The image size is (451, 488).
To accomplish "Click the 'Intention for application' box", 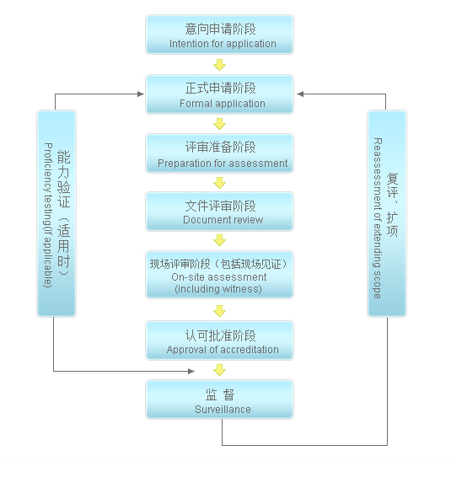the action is [x=219, y=35].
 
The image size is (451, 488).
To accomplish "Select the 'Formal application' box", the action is [x=219, y=94].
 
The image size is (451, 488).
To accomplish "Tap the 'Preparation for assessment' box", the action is [x=219, y=153].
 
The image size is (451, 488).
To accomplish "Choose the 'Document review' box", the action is [x=219, y=212].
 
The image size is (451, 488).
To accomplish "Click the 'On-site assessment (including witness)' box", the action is [x=219, y=275].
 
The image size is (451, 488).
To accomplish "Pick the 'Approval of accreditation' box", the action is [x=219, y=341].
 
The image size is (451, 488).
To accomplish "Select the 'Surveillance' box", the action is [x=219, y=400].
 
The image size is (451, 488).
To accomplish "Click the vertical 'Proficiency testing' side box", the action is [x=56, y=213].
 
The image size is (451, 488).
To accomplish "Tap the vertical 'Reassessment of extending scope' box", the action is [x=387, y=213].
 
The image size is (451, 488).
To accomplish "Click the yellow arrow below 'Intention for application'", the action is [x=219, y=65].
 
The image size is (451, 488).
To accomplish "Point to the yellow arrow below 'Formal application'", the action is [x=219, y=124].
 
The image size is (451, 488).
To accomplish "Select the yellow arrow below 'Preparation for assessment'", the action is [x=219, y=183].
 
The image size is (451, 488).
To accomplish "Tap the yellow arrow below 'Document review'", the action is [x=219, y=240].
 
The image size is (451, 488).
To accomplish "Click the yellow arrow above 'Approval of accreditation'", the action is [x=219, y=311].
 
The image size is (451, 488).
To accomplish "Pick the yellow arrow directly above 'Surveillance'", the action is [x=219, y=370].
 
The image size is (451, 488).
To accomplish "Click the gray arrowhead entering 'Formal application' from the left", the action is [x=141, y=94].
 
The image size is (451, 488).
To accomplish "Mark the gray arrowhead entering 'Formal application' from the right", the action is [x=300, y=94].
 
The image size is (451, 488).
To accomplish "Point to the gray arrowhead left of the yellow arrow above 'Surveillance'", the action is [x=191, y=371].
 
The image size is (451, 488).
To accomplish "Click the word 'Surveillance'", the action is [x=223, y=410].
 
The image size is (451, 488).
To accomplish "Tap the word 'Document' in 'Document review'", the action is [x=203, y=220].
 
